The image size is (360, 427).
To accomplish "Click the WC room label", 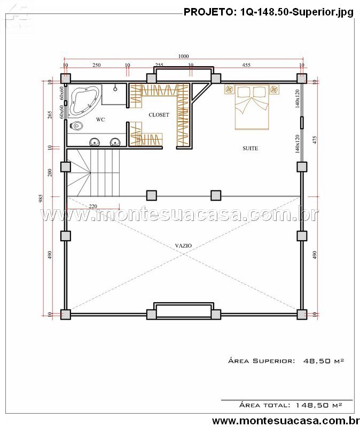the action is coord(100,119).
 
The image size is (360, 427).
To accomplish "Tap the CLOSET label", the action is coord(159,115).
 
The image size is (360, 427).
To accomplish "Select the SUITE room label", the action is coord(250,148).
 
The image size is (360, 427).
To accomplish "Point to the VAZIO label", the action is coord(183,246).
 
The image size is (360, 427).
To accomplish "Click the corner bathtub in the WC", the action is coord(85,101).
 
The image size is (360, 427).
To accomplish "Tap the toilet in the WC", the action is coord(76,125).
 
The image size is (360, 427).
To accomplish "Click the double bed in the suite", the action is coord(252,107).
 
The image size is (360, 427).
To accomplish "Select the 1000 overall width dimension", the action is coord(183,56).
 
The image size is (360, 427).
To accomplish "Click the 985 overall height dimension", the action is coord(41,198).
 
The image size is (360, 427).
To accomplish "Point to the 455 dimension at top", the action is coord(246,65).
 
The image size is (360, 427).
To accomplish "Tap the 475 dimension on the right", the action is coord(315,140).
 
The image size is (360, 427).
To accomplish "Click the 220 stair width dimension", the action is coord(93,206).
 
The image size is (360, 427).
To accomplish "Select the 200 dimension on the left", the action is coord(50,172).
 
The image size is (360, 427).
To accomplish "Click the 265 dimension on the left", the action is coord(50,115).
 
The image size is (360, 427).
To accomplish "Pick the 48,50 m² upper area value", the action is coord(324,361).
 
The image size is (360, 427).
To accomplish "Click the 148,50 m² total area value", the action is coord(319,405).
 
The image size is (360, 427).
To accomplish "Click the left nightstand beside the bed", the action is coord(230,89).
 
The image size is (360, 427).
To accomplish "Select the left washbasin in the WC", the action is coord(95,142).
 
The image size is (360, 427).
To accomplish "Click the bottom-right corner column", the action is coord(302,314).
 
